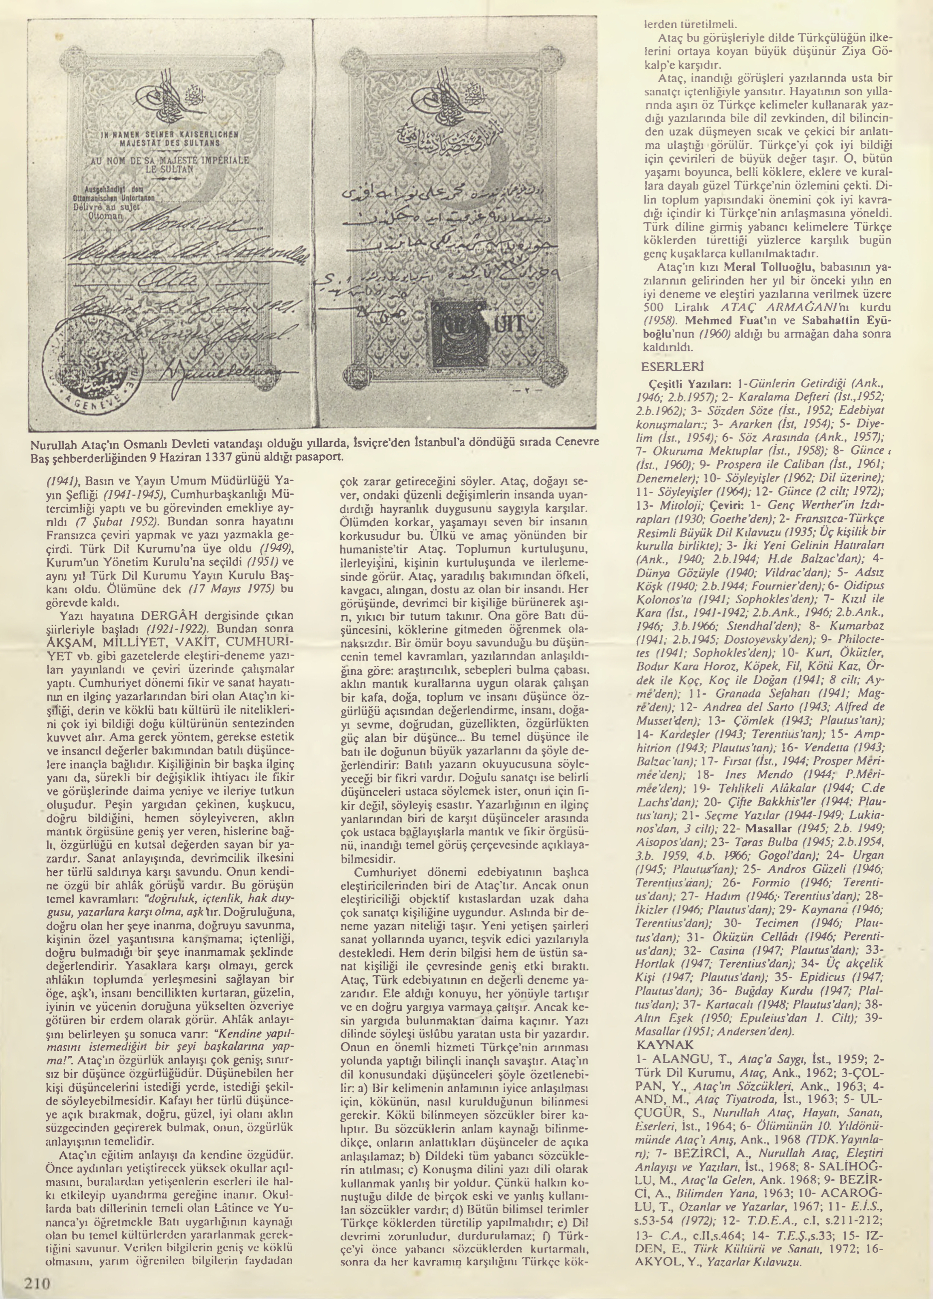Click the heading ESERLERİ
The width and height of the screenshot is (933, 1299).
pyautogui.click(x=673, y=365)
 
